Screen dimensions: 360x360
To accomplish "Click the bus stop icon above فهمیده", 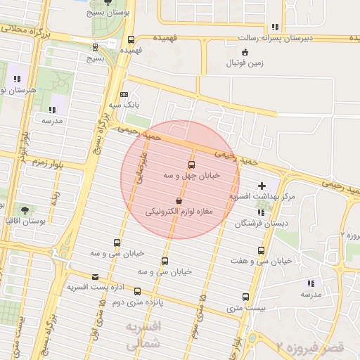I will coord(131,40).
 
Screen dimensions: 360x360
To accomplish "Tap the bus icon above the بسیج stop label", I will coord(96,48).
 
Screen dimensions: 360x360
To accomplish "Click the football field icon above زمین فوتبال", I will coord(245,52).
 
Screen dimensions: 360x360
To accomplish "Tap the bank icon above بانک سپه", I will coord(124,94).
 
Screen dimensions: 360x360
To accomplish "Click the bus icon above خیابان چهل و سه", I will coord(191,165).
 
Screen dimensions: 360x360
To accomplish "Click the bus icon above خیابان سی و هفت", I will coord(262,250).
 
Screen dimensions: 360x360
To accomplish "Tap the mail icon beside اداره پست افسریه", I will coord(96,276).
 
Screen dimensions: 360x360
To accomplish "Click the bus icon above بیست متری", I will coord(245,297).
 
